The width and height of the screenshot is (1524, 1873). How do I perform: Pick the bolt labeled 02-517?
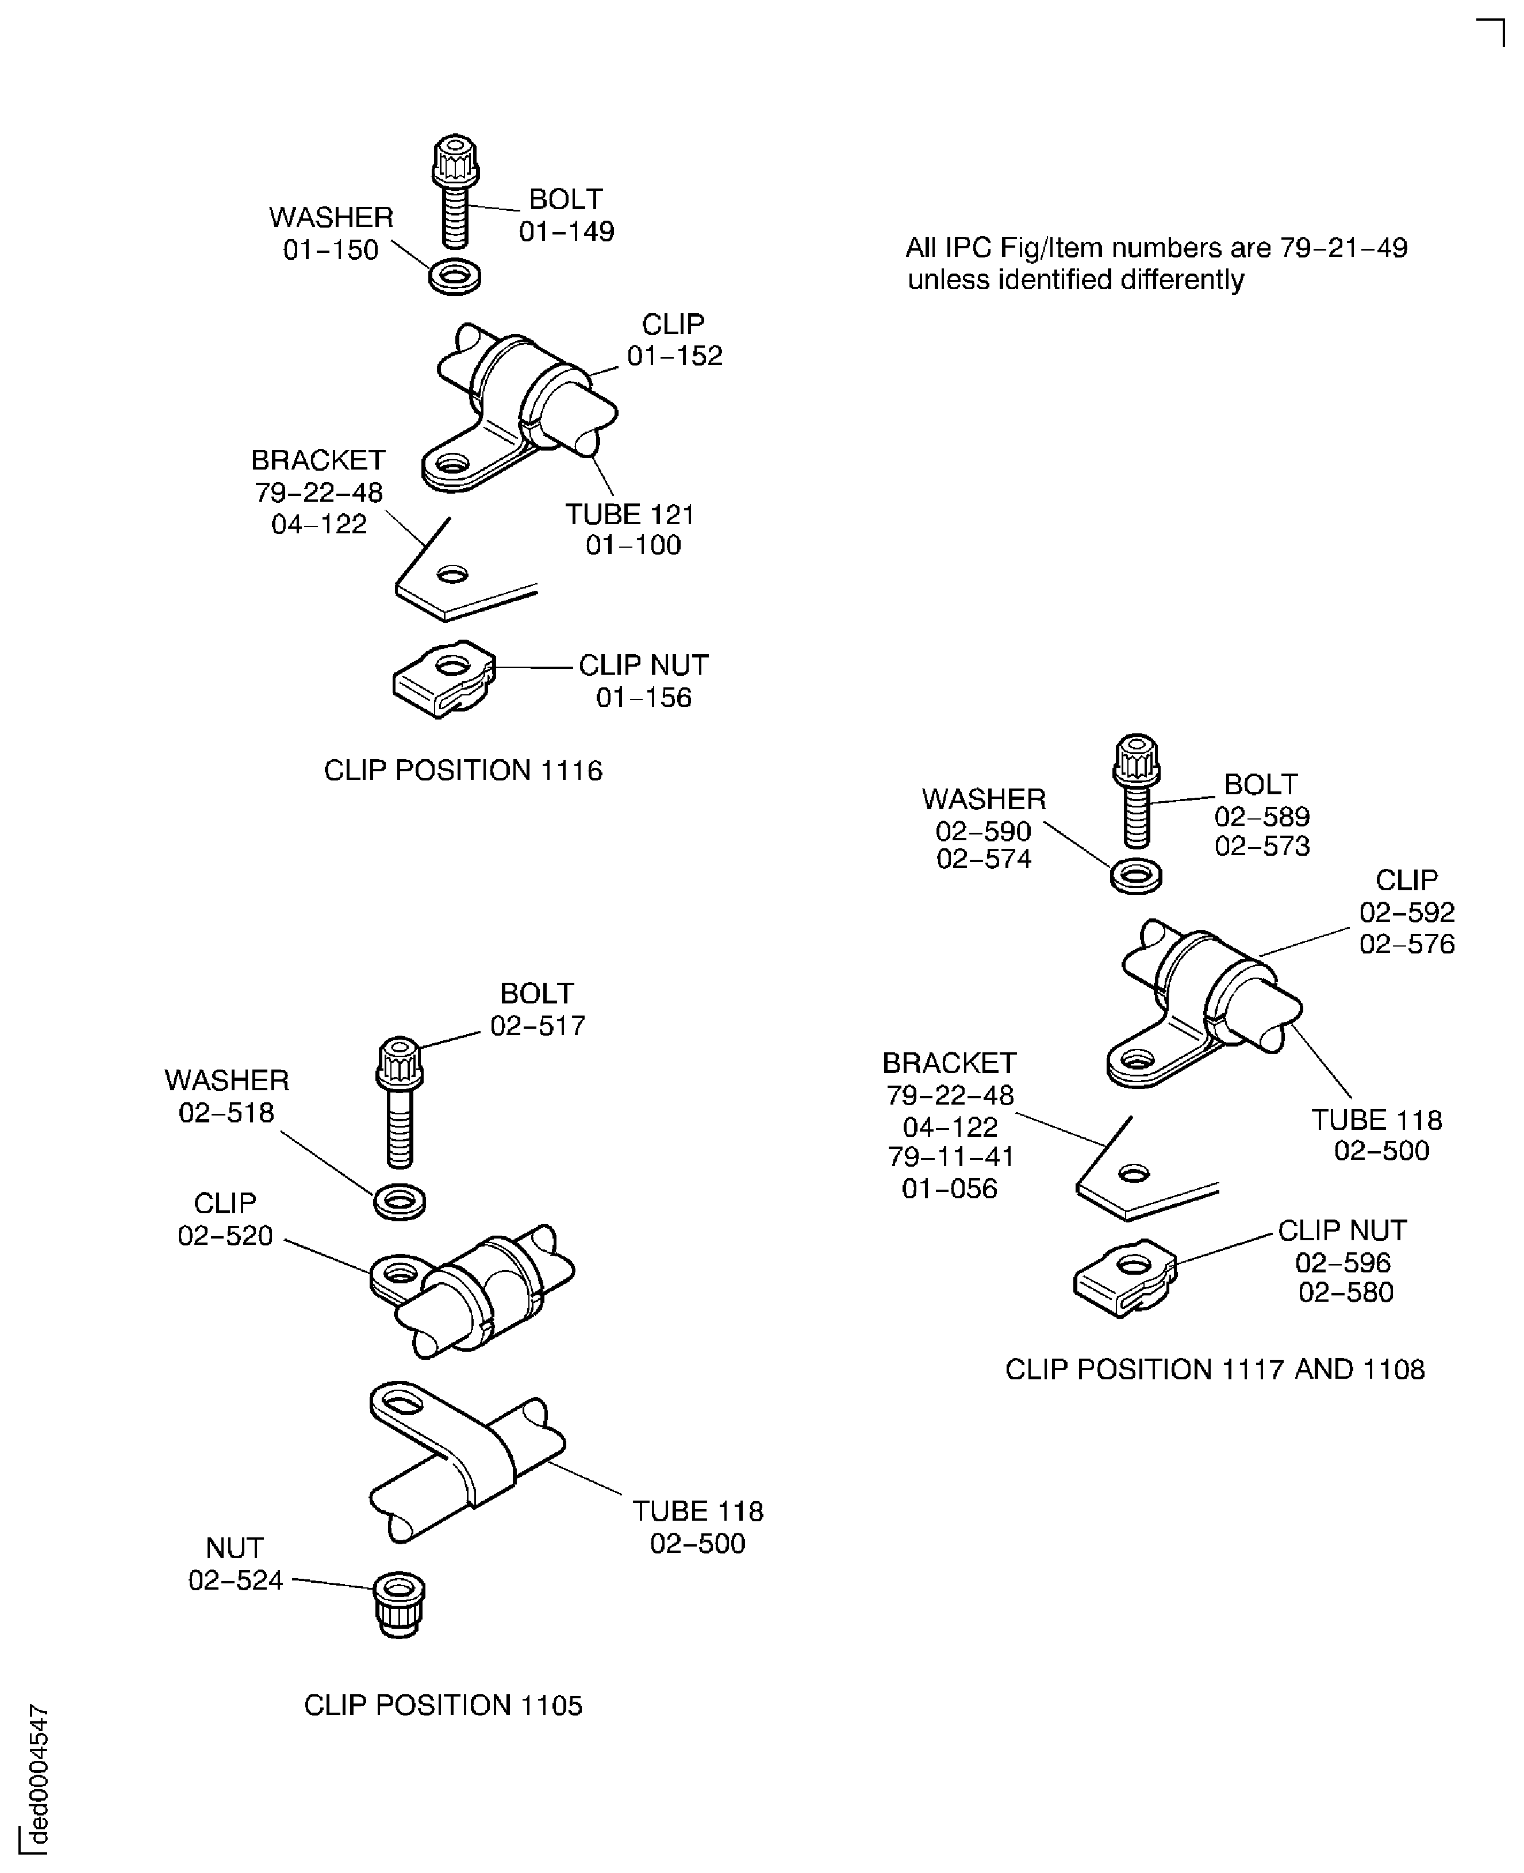click(400, 1102)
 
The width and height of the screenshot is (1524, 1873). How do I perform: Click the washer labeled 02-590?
click(1136, 875)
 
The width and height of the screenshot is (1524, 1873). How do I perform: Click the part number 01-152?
click(674, 356)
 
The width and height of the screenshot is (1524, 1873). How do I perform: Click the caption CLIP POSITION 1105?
click(443, 1705)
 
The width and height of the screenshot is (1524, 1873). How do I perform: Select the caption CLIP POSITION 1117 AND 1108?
click(1215, 1368)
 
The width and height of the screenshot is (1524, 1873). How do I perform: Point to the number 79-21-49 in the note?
click(1343, 248)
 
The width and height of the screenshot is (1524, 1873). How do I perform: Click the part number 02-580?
click(1346, 1292)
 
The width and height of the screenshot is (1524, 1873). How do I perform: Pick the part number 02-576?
click(1407, 944)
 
